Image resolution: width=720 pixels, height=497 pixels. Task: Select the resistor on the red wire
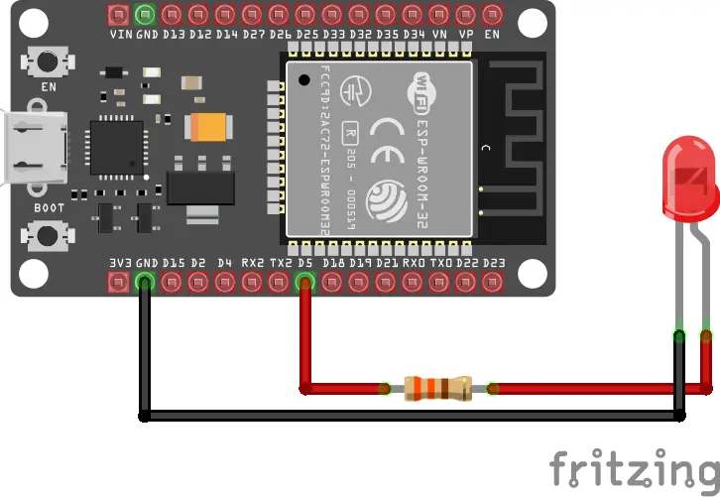click(436, 388)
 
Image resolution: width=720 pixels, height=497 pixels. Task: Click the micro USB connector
click(35, 149)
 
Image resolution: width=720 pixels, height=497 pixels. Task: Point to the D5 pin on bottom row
click(305, 283)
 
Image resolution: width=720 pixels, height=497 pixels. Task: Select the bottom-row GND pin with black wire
click(145, 283)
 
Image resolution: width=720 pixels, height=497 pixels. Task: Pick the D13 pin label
click(174, 34)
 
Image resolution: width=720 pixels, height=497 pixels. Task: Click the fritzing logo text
click(635, 468)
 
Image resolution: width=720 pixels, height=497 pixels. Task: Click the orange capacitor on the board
click(210, 126)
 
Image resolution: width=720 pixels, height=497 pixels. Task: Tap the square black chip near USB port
click(116, 147)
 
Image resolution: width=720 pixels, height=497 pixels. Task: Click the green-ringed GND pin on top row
click(145, 15)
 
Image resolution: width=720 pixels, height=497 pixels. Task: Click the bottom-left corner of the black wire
click(145, 416)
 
